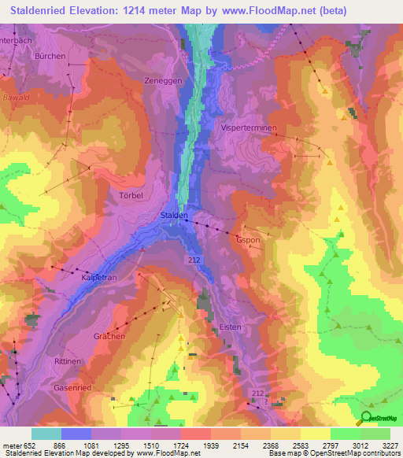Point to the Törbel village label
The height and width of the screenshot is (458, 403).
tap(131, 194)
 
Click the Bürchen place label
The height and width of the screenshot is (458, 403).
tap(50, 57)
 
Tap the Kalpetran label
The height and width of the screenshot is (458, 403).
tap(100, 278)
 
